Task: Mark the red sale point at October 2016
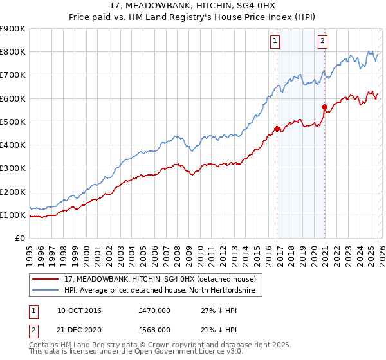277,129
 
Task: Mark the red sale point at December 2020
324,107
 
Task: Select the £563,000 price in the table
154,330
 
